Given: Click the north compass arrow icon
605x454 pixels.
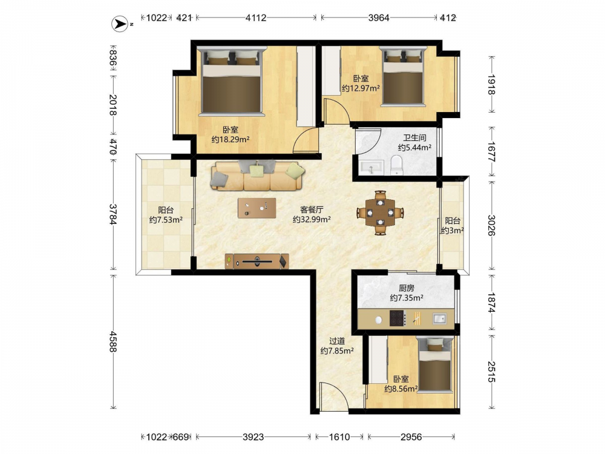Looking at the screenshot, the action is [120, 24].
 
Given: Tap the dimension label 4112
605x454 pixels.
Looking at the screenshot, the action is [256, 18].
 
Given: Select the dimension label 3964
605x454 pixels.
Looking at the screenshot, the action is [379, 18].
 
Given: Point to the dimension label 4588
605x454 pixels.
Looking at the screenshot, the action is [113, 341].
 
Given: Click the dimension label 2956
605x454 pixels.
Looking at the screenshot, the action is [411, 437].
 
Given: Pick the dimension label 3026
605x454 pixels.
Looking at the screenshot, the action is [491, 225].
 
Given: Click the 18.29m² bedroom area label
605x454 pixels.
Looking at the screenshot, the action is [231, 139].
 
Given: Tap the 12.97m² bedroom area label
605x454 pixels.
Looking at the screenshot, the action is [361, 88].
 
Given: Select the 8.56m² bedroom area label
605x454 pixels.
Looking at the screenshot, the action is [401, 389].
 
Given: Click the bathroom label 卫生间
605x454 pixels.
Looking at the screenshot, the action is [414, 137].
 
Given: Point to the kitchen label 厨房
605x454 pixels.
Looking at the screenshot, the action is [407, 288].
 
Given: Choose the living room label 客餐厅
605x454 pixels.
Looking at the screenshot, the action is [312, 209].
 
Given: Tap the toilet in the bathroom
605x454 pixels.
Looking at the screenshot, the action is [396, 165].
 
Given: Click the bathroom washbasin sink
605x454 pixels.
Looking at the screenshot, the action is [371, 167].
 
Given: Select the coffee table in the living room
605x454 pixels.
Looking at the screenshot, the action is [257, 208].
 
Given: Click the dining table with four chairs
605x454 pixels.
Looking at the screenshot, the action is [380, 212].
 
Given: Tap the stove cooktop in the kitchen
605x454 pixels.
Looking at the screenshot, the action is [397, 318].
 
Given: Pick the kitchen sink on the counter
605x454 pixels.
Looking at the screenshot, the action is [439, 318].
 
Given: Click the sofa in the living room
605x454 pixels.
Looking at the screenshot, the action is [258, 176].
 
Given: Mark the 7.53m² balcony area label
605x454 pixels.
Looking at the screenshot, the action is [166, 220].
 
